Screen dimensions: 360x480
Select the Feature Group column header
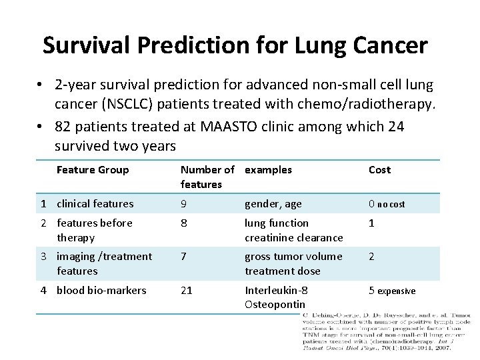click(x=93, y=170)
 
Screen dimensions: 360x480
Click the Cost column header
click(x=379, y=170)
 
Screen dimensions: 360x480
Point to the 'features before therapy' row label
click(x=94, y=230)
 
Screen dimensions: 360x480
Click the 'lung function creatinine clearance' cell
click(x=293, y=230)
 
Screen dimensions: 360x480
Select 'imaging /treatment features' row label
click(x=104, y=263)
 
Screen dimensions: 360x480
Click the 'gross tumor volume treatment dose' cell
click(x=293, y=263)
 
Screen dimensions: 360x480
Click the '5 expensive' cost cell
click(x=392, y=291)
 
